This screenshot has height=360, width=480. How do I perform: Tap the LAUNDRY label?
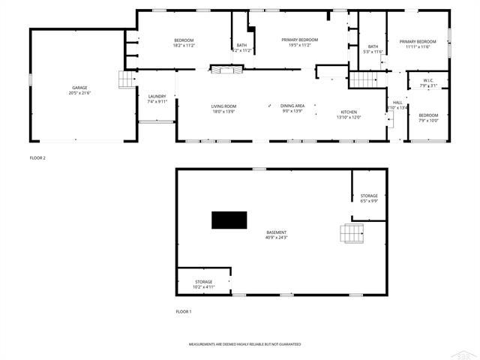(157, 96)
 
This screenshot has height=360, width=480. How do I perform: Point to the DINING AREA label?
(292, 106)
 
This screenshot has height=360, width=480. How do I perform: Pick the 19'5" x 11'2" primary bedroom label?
(299, 40)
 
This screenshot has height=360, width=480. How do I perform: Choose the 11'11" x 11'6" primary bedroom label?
(417, 42)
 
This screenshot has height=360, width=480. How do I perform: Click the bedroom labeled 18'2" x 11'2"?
(184, 40)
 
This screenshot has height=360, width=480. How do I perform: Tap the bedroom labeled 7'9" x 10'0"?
(428, 115)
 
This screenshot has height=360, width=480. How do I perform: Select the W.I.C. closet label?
(428, 80)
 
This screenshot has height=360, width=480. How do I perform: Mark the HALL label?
(397, 103)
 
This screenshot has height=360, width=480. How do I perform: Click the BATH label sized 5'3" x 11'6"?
(373, 46)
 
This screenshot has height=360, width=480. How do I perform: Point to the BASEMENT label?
(276, 232)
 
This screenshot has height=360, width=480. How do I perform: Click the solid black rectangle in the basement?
(229, 220)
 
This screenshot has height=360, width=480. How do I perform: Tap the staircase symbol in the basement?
(352, 235)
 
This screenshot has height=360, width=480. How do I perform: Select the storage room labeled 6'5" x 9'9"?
(369, 196)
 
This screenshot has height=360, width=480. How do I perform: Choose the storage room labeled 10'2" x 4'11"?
(204, 282)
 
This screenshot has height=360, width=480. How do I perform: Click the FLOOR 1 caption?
(184, 311)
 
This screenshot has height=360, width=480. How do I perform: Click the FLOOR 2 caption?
(37, 158)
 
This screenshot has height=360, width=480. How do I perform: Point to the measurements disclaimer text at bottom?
(244, 343)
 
